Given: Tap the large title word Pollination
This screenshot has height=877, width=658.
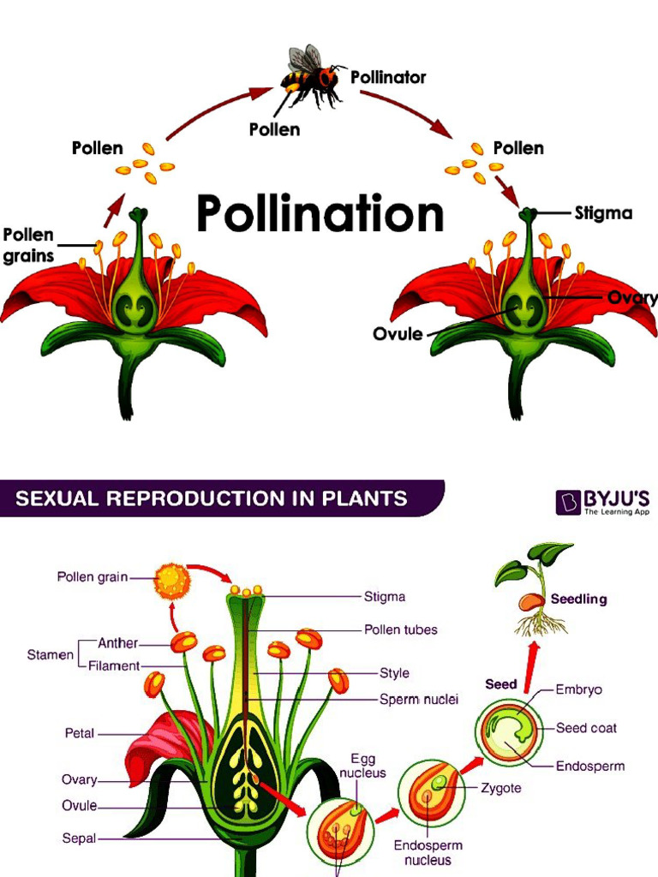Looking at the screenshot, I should [320, 213].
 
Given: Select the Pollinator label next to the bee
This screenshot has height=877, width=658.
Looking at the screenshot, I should [388, 78].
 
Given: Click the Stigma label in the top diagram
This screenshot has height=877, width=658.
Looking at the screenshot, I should [603, 213].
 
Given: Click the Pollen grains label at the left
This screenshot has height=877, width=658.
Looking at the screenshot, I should [28, 245].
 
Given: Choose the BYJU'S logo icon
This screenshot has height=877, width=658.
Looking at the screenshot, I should [568, 502].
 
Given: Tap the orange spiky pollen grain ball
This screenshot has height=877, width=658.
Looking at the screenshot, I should [171, 582].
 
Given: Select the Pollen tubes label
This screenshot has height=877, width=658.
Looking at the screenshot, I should [400, 629].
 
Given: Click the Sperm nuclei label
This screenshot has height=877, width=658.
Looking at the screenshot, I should [419, 700].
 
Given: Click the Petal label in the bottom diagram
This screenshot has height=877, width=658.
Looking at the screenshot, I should [80, 733].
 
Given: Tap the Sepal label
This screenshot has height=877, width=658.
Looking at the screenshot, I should [79, 838].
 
